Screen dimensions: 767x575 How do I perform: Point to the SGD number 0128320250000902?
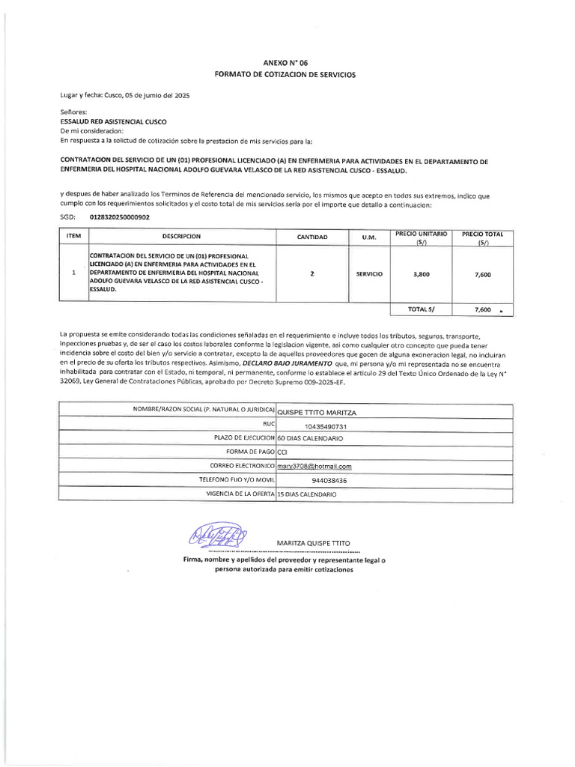tap(119, 217)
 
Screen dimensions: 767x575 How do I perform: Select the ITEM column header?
tap(73, 237)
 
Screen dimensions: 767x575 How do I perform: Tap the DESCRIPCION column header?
tap(181, 237)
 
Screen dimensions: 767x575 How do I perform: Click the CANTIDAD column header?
tap(312, 237)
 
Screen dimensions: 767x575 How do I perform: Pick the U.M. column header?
tap(369, 237)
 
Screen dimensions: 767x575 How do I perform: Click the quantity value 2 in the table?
tap(312, 274)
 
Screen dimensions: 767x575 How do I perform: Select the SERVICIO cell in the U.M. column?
tap(369, 274)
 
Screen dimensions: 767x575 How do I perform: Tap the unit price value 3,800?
tap(422, 275)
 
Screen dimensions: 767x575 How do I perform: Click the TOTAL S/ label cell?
tap(422, 309)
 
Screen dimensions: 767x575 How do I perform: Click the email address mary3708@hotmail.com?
tap(314, 467)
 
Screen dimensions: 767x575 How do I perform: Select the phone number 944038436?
tap(329, 480)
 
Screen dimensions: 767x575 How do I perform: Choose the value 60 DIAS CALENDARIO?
tap(310, 438)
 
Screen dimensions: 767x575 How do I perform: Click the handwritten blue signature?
tap(218, 536)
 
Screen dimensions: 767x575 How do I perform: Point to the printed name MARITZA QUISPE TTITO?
tap(313, 542)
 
